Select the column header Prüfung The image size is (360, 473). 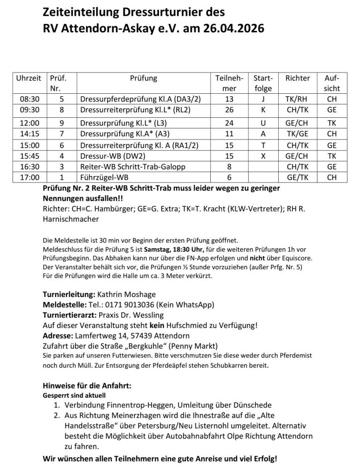coord(143,78)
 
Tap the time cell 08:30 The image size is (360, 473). coord(28,99)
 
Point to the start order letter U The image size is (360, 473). coord(263,123)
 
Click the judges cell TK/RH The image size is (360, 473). coord(298,99)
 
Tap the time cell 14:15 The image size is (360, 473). coord(28,134)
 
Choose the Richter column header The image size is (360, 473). coord(298,78)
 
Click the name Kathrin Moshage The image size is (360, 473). coord(132,294)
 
